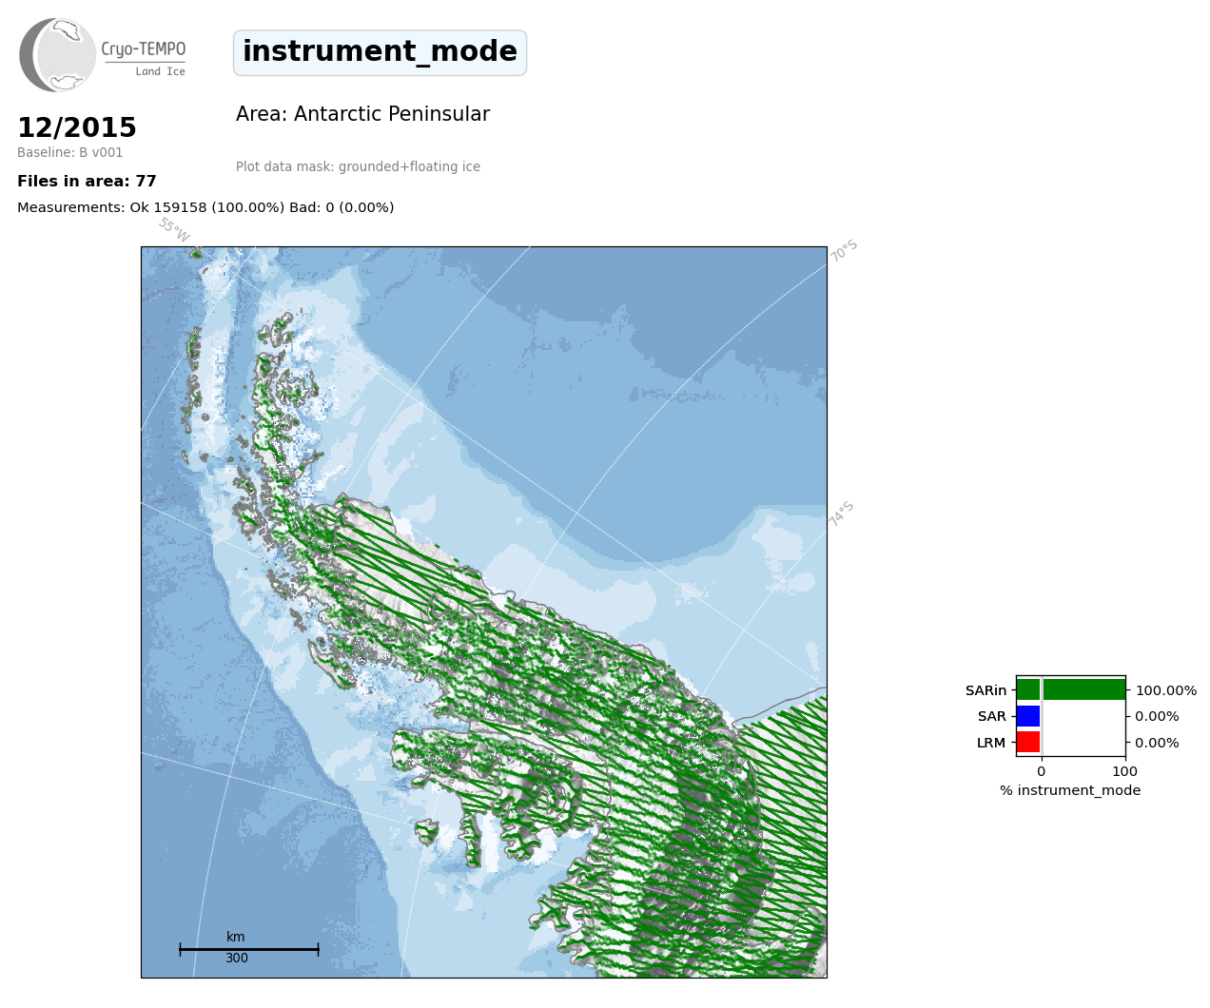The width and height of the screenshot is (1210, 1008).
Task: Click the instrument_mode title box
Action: [x=380, y=52]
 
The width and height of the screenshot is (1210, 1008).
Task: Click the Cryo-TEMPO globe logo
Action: [x=57, y=55]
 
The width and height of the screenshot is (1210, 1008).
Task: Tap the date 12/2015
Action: [x=77, y=127]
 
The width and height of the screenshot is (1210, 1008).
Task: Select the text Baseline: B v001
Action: [x=70, y=152]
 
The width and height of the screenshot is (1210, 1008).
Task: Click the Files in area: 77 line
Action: [x=87, y=182]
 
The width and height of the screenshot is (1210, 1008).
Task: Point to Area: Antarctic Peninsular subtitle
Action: [x=362, y=114]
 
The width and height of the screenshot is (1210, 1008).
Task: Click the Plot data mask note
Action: [x=358, y=166]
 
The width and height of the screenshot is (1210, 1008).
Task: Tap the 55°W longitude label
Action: [x=174, y=230]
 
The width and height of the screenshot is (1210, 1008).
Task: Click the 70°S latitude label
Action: [x=844, y=251]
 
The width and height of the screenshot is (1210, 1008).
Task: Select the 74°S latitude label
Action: [x=841, y=514]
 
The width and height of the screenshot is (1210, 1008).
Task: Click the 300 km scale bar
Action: [x=249, y=949]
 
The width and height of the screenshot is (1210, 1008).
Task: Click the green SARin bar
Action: [x=1071, y=689]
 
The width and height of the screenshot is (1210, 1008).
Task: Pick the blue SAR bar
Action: [x=1028, y=716]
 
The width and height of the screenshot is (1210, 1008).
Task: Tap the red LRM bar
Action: [x=1028, y=742]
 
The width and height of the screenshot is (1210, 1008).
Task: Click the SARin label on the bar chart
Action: [x=986, y=690]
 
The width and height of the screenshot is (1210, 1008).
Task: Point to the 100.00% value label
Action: [x=1166, y=690]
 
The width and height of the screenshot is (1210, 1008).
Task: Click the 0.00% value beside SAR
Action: [x=1157, y=717]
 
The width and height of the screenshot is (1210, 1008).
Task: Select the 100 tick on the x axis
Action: [x=1124, y=771]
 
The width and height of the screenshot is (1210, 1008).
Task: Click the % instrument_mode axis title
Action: [x=1070, y=791]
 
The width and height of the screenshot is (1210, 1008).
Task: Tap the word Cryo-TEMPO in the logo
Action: [x=144, y=49]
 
